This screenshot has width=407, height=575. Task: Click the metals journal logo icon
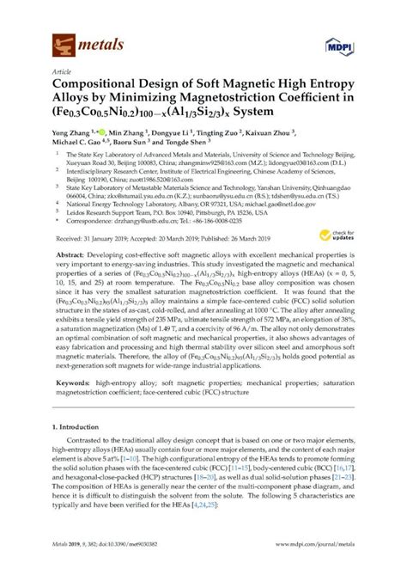(61, 40)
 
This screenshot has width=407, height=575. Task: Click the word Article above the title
(61, 72)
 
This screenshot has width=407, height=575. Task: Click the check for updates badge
(343, 235)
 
